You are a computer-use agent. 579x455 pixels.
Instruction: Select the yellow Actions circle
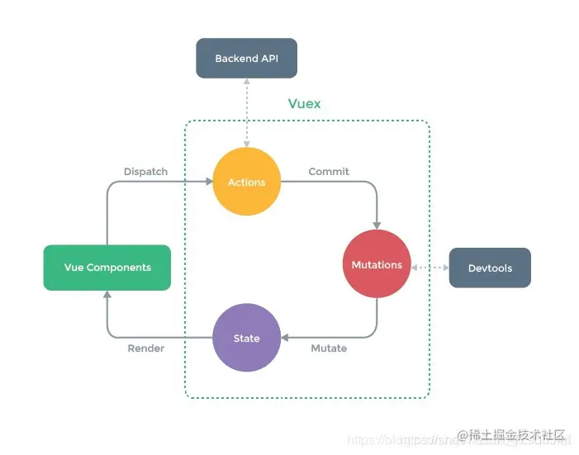point(246,182)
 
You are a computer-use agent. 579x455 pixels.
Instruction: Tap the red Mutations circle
point(377,265)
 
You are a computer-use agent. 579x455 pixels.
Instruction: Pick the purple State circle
point(246,338)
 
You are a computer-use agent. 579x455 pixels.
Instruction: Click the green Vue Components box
point(107,268)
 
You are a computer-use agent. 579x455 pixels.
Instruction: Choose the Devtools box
point(490,268)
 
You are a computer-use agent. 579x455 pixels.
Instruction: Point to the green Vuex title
point(304,104)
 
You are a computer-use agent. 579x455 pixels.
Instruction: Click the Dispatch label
point(145,172)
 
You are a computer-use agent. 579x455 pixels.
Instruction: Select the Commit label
point(329,172)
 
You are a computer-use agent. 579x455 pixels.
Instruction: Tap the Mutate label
point(329,348)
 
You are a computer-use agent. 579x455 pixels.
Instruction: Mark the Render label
point(145,348)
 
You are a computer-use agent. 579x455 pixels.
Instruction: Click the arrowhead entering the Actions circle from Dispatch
point(208,182)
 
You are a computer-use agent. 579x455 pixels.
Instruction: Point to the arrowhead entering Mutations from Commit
point(377,225)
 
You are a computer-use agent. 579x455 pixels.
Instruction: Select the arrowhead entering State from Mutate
point(285,338)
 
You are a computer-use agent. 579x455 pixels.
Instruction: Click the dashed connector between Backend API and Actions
point(246,111)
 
